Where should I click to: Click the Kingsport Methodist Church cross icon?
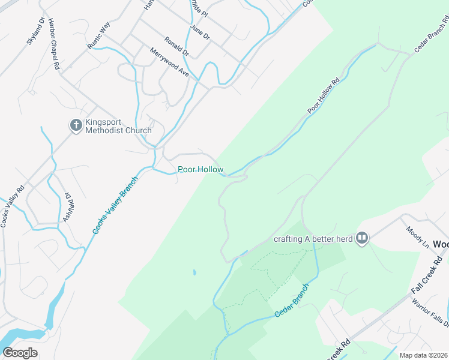(x=76, y=125)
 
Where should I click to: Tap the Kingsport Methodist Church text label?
(x=118, y=126)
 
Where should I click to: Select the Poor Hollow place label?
(x=200, y=170)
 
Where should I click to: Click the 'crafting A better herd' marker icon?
(x=361, y=239)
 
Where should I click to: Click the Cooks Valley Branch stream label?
(x=115, y=205)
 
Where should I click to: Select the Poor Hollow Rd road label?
(x=324, y=95)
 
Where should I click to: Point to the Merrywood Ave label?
(x=169, y=62)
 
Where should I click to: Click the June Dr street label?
(x=199, y=32)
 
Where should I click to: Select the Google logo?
(x=20, y=352)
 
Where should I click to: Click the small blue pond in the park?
(x=194, y=272)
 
